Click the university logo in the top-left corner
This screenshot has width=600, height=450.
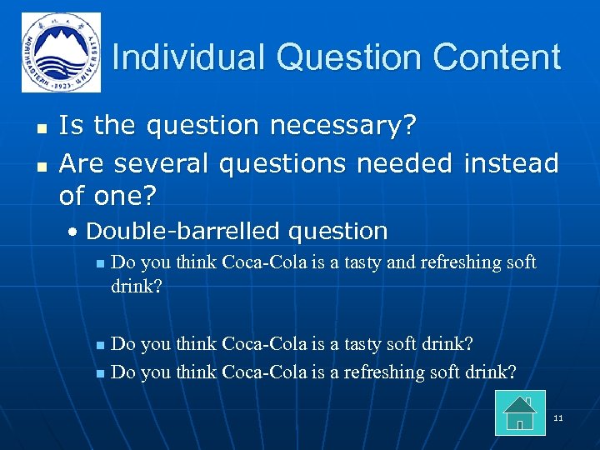coord(61,52)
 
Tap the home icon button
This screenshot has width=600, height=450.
coord(520,412)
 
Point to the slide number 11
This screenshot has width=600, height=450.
coord(558,417)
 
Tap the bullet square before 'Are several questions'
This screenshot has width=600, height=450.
coord(40,164)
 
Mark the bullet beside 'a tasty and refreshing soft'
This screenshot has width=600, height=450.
coord(100,264)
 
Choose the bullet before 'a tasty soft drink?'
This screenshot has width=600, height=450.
coord(100,344)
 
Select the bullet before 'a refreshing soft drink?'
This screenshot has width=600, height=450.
coord(100,372)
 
